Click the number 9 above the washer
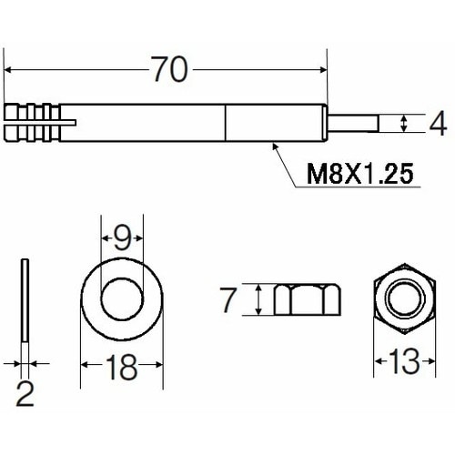(121, 239)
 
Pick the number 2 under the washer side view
(25, 394)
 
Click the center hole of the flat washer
(121, 298)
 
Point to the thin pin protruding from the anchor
(355, 123)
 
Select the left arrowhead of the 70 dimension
(11, 70)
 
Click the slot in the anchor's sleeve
(66, 117)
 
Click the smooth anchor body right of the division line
(273, 123)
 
